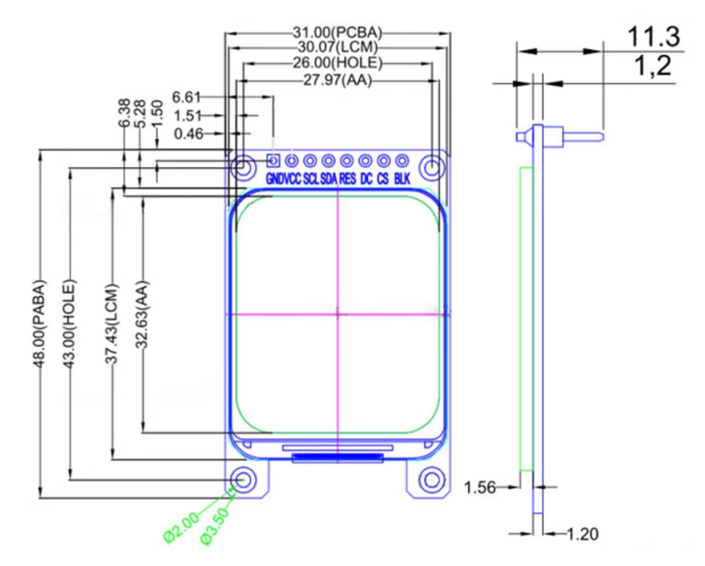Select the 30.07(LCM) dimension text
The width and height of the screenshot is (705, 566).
click(x=337, y=48)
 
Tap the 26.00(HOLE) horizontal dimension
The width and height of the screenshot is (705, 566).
click(x=337, y=63)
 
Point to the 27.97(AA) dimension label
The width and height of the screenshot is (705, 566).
click(x=337, y=81)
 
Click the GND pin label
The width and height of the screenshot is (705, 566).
click(x=274, y=179)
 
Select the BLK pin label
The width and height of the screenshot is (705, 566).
click(x=403, y=179)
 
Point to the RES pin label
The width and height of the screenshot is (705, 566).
click(x=347, y=179)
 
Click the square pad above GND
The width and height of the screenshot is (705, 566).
click(x=273, y=161)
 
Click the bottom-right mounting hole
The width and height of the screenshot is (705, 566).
click(x=432, y=479)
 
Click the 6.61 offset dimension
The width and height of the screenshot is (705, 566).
click(x=188, y=97)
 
